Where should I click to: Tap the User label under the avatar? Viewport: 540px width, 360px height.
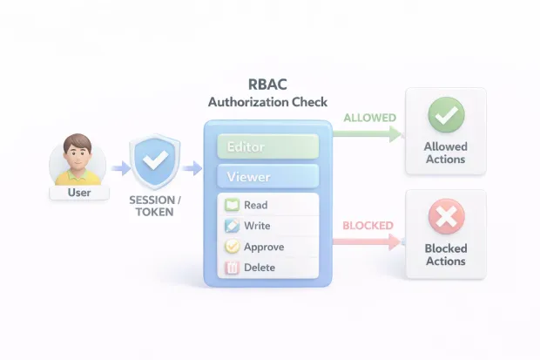(78, 192)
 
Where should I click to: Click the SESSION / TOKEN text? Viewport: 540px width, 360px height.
(154, 205)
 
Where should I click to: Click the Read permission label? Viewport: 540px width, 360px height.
(256, 206)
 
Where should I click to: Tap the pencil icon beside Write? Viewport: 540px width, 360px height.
(232, 226)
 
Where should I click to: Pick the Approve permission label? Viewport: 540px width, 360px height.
(264, 247)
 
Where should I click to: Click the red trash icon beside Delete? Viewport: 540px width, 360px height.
(232, 268)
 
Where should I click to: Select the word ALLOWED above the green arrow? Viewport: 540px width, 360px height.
(369, 117)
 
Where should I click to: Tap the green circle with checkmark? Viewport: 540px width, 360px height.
(445, 115)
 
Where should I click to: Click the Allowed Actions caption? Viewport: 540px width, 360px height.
(445, 153)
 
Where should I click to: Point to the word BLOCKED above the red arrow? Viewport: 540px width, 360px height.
(368, 226)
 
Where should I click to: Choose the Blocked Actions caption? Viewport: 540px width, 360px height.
(445, 255)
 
